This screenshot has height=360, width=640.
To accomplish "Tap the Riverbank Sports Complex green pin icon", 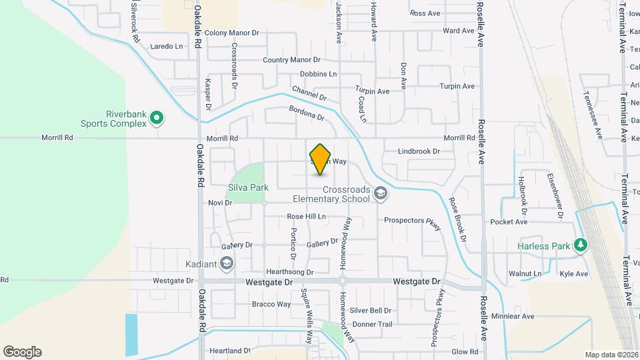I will [x=157, y=119].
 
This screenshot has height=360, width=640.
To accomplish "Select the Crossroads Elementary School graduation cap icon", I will [x=380, y=193].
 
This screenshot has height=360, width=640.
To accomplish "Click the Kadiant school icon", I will [x=227, y=264].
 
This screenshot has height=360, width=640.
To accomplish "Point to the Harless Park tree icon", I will [x=581, y=246].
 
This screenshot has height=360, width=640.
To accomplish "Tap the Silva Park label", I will [x=248, y=187].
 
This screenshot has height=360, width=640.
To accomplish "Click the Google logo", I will [x=22, y=352].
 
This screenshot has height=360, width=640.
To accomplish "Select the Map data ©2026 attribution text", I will [x=611, y=355].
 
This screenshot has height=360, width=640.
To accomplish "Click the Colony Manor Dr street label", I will [x=231, y=33].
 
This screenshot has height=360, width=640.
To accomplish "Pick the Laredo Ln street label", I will [x=167, y=47].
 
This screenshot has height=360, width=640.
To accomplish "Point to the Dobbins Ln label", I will [x=318, y=74].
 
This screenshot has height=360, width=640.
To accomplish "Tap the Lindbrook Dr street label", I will [x=419, y=151].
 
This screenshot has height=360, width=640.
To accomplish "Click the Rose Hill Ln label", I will [x=306, y=217].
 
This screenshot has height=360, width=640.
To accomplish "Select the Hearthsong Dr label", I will [x=290, y=272].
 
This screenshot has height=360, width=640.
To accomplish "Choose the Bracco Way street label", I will [x=271, y=305].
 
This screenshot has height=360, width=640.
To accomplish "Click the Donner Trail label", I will [x=373, y=324].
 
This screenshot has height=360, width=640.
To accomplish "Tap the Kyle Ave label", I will [x=574, y=274].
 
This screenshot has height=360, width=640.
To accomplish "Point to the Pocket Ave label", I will [x=509, y=222].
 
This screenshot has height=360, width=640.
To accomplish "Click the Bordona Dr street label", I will [x=306, y=113].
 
